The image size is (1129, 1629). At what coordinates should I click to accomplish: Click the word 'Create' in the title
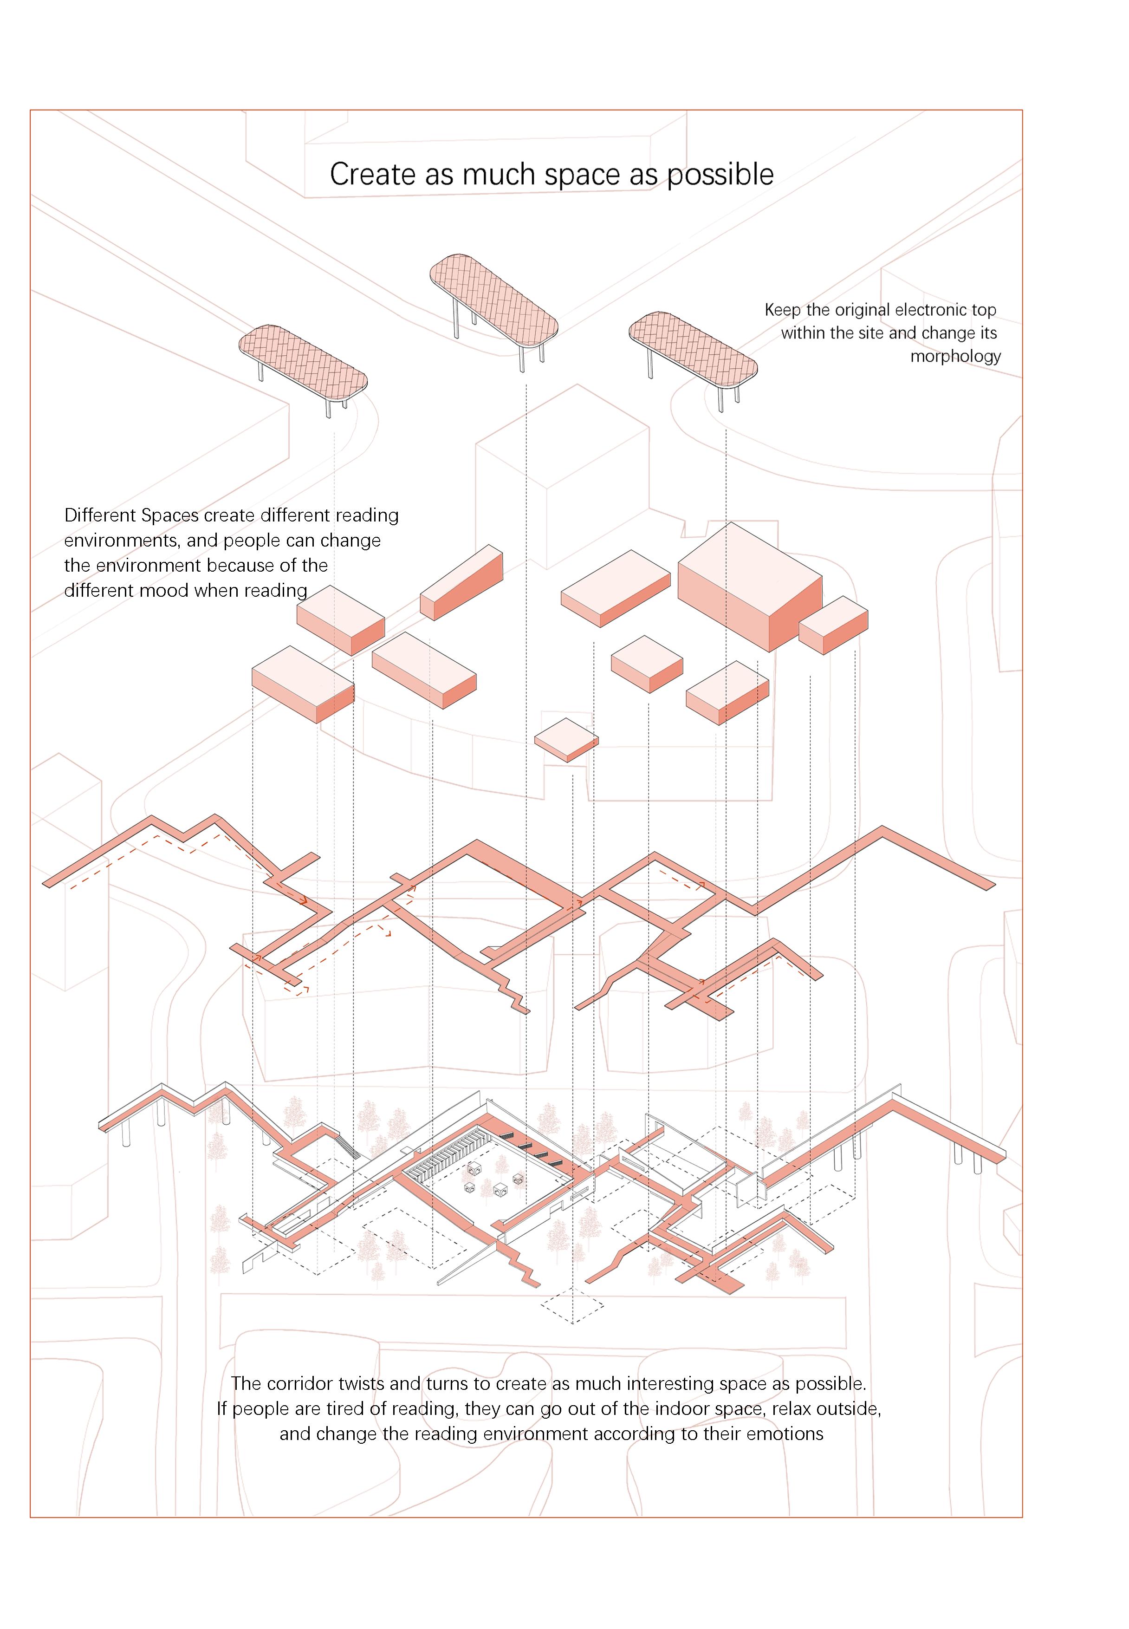372,175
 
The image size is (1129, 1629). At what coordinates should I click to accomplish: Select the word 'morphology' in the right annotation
955,356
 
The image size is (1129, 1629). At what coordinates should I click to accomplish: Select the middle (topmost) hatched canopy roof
494,300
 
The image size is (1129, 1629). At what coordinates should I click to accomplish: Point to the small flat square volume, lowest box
566,739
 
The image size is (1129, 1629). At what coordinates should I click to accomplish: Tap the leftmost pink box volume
303,683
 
